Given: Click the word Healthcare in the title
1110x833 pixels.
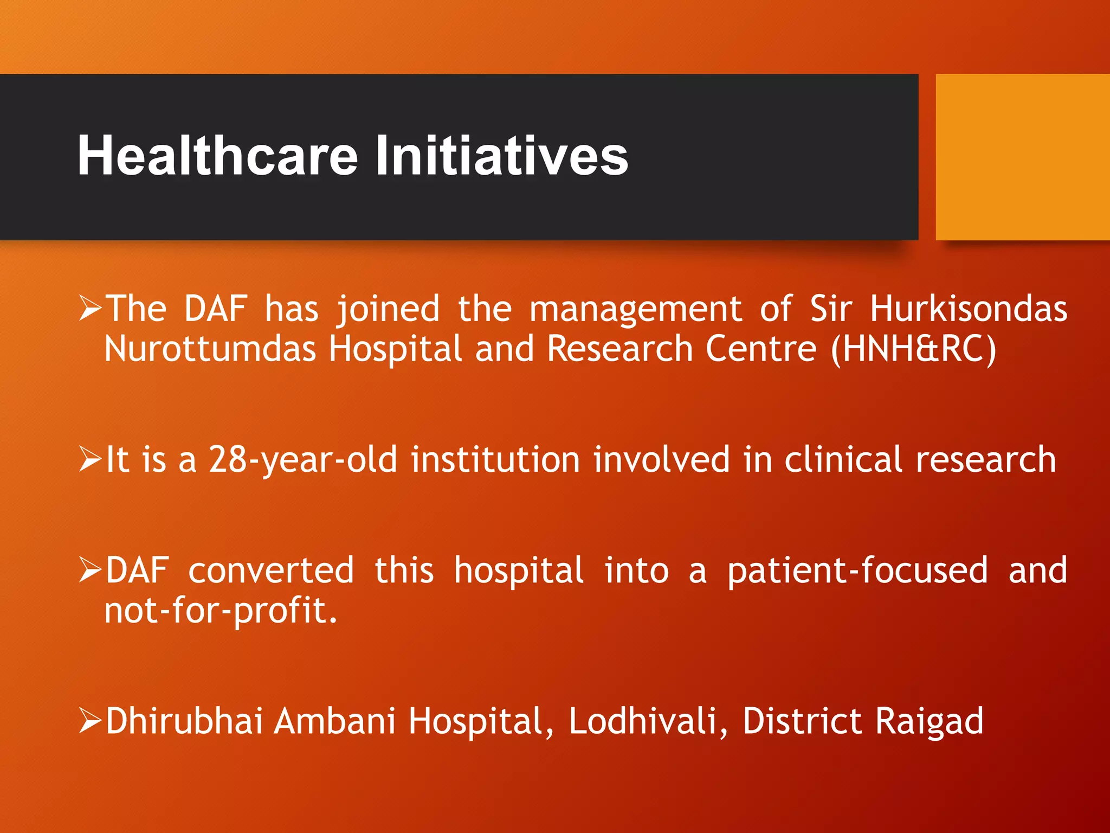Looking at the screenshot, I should click(217, 156).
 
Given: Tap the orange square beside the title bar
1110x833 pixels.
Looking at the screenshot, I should click(1022, 157).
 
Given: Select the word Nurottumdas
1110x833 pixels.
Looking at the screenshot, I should click(210, 349).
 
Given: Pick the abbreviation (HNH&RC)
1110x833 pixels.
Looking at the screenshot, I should click(913, 349).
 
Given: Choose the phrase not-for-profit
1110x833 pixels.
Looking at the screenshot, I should click(221, 611).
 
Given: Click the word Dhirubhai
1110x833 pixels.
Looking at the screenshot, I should click(184, 721).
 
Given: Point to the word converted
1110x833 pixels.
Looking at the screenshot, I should click(271, 571).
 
